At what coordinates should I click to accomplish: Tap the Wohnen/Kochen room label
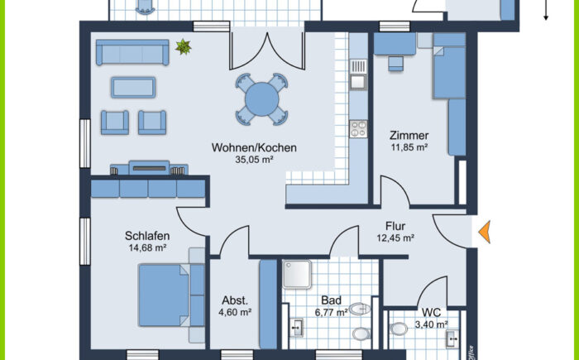click(x=254, y=148)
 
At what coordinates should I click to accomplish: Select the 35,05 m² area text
click(x=254, y=161)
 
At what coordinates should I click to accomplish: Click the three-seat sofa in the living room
click(x=132, y=53)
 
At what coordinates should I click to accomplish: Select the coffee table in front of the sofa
click(x=133, y=87)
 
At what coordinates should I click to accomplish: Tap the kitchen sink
click(x=358, y=81)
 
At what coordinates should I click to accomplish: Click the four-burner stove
click(x=358, y=128)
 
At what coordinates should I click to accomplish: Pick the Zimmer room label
click(x=409, y=136)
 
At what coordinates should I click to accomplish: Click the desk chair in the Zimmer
click(x=394, y=62)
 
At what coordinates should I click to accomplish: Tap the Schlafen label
click(x=147, y=235)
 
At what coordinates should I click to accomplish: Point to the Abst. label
click(x=234, y=301)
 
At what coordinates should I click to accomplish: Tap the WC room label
click(x=431, y=313)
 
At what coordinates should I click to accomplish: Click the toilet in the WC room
click(x=399, y=329)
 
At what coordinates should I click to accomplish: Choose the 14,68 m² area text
click(x=147, y=247)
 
